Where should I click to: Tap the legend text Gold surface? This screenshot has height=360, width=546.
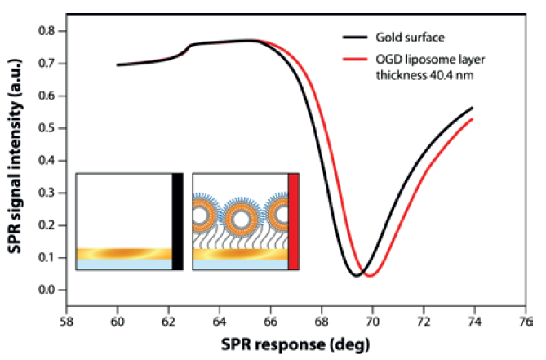tap(409, 38)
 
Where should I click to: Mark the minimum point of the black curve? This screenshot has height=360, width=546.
tap(356, 276)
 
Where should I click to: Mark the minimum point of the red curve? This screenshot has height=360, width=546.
tap(370, 276)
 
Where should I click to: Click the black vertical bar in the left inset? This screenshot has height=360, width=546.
tap(177, 220)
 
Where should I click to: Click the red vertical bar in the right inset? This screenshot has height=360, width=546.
tap(294, 220)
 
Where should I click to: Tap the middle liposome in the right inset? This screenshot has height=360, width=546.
tap(242, 217)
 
